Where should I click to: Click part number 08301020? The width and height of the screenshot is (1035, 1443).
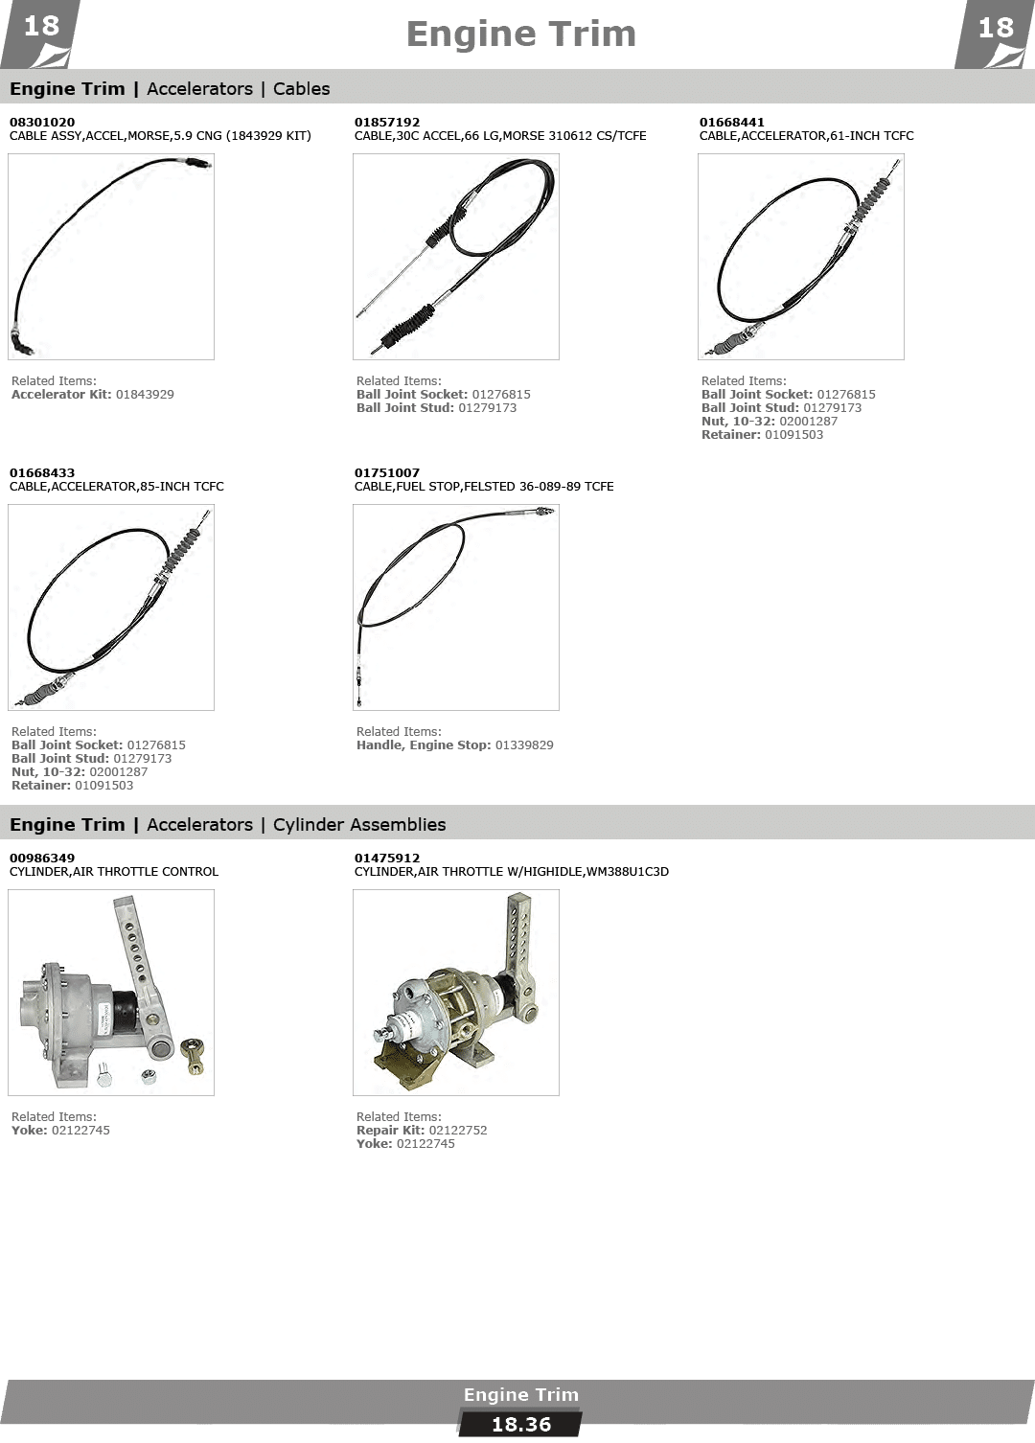42,123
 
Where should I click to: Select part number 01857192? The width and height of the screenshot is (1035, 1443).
386,123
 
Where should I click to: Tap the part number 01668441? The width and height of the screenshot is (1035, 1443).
731,123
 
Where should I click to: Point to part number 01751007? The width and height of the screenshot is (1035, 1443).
386,472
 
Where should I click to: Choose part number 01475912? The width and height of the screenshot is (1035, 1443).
386,859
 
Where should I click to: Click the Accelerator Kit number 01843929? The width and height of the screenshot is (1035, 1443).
145,394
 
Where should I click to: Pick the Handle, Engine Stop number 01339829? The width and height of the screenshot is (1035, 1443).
524,744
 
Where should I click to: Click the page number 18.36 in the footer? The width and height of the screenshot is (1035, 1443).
521,1425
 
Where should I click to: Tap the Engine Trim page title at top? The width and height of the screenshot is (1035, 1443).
521,34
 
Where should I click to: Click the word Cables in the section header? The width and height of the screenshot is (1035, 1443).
302,89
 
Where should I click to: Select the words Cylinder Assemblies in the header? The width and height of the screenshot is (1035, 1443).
359,825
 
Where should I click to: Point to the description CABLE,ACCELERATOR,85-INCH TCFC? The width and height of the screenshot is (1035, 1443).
117,487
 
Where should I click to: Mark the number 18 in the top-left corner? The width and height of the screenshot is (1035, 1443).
41,27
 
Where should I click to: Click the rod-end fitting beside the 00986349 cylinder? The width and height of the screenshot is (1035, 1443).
193,1055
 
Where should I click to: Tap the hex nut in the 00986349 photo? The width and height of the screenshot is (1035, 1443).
149,1076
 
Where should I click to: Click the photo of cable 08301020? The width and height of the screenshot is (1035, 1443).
111,257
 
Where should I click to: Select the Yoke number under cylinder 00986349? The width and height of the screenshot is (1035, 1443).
80,1130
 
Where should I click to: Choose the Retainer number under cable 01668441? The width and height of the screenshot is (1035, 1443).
793,435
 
